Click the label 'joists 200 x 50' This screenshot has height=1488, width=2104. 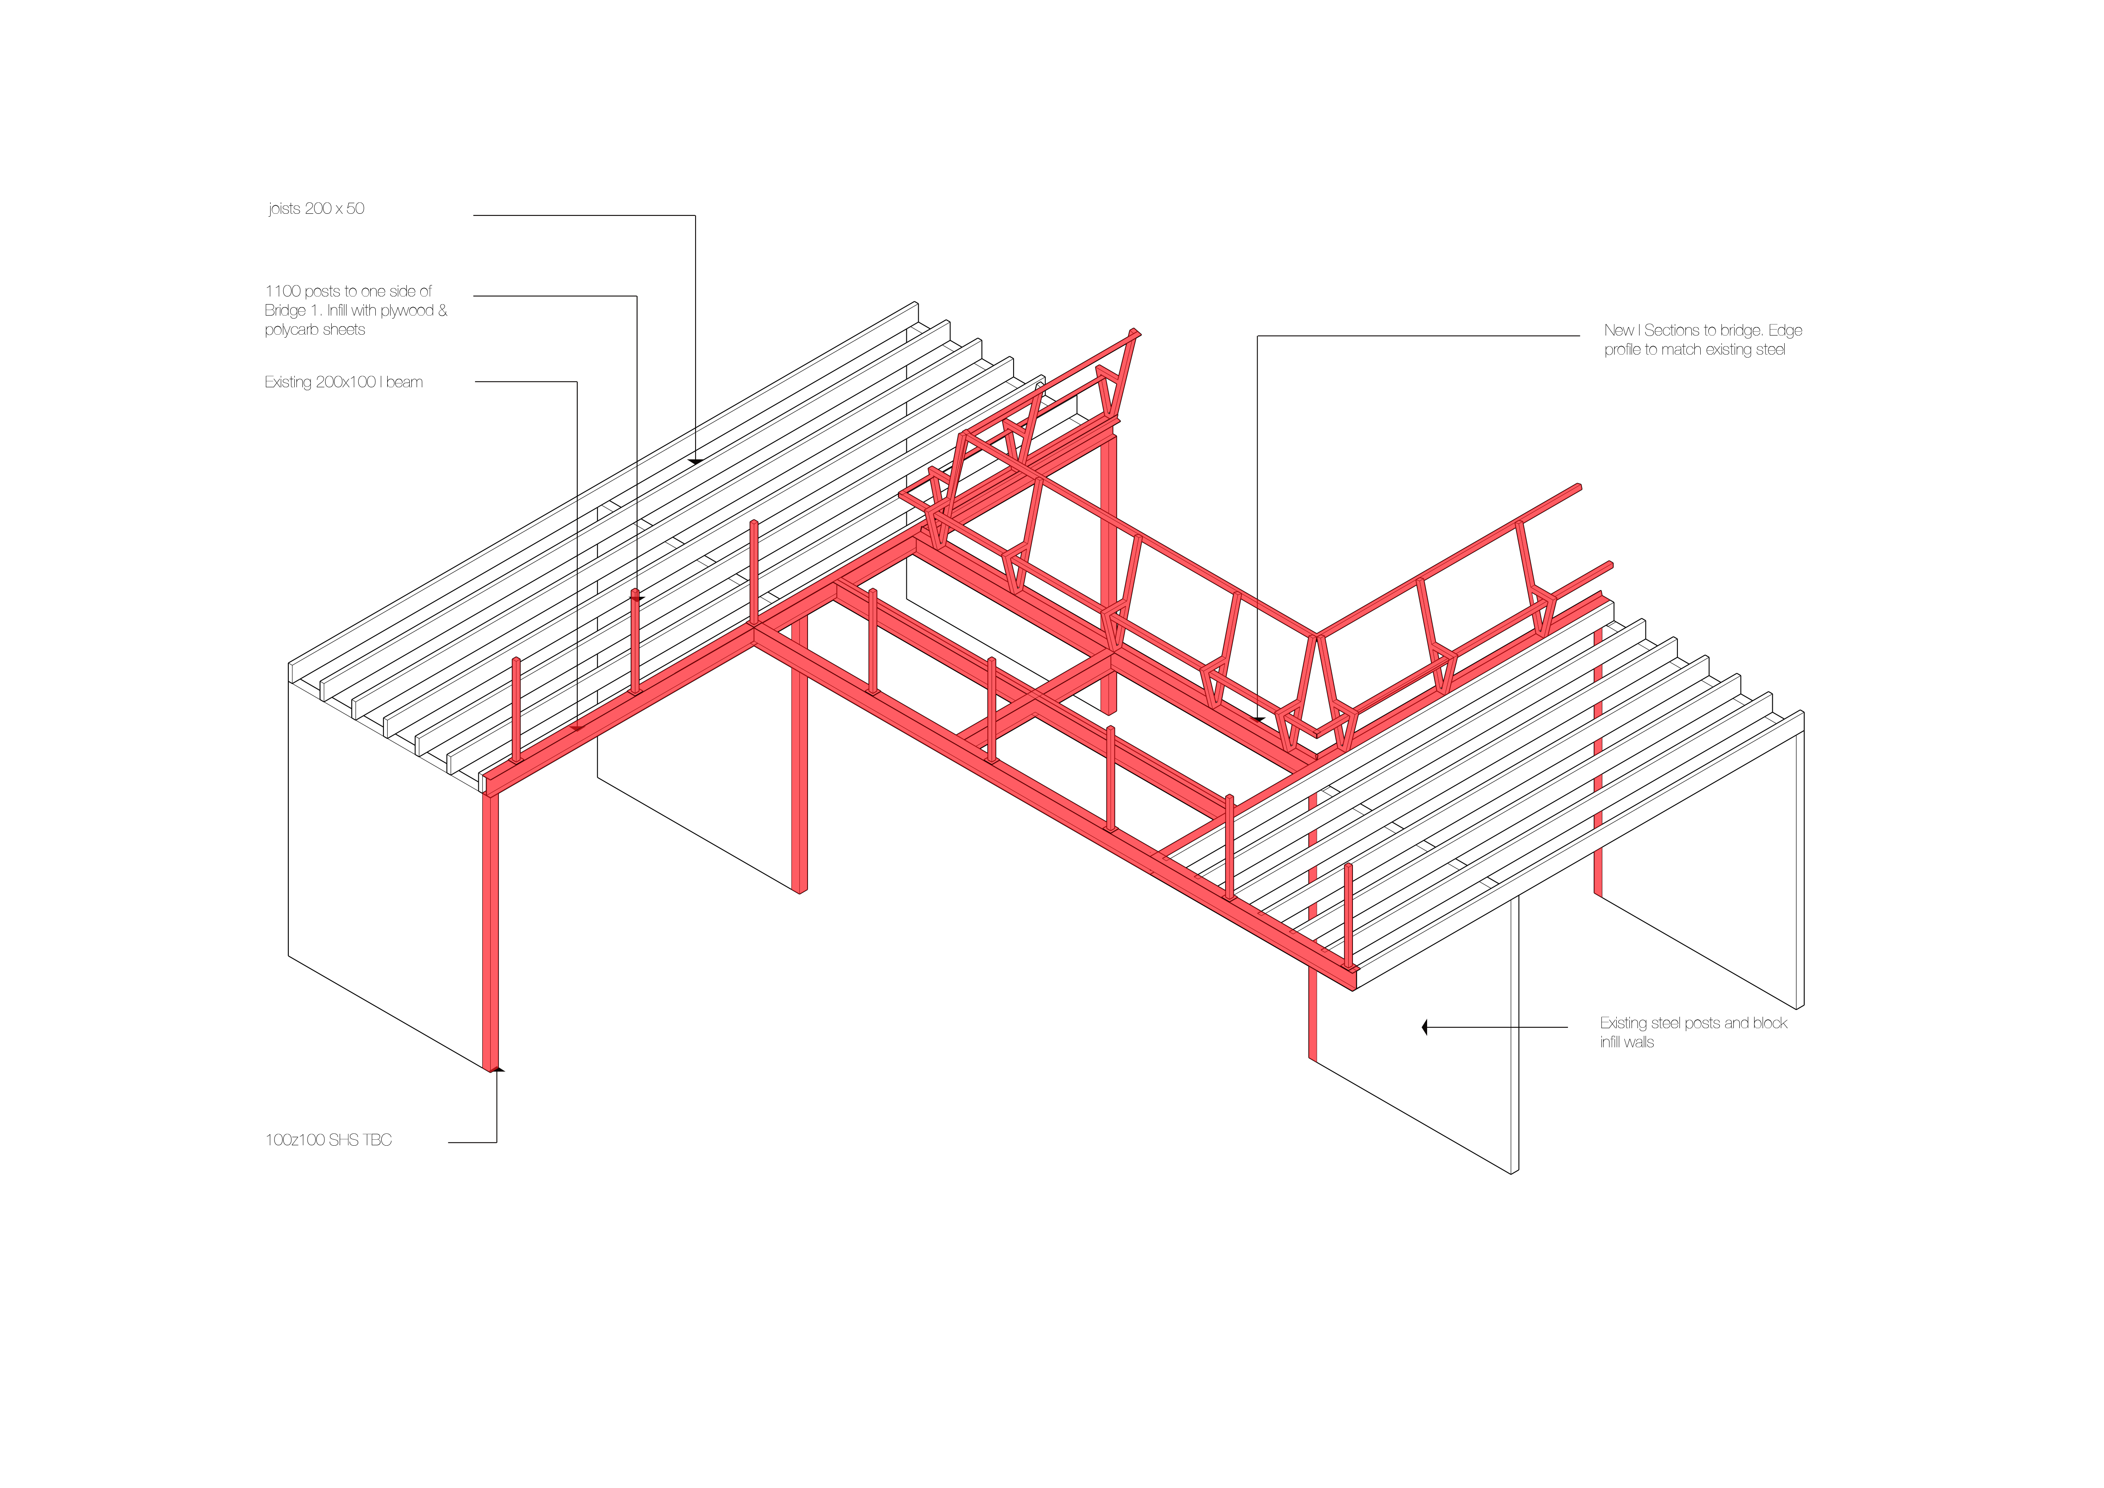pyautogui.click(x=316, y=209)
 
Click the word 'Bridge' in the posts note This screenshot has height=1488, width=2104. pyautogui.click(x=285, y=310)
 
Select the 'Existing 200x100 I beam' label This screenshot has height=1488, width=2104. pyautogui.click(x=344, y=382)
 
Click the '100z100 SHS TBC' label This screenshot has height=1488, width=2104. pyautogui.click(x=328, y=1140)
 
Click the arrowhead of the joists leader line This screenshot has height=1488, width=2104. pyautogui.click(x=696, y=461)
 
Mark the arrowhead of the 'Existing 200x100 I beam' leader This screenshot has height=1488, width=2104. pyautogui.click(x=577, y=728)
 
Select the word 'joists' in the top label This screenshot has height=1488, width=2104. pyautogui.click(x=284, y=209)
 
